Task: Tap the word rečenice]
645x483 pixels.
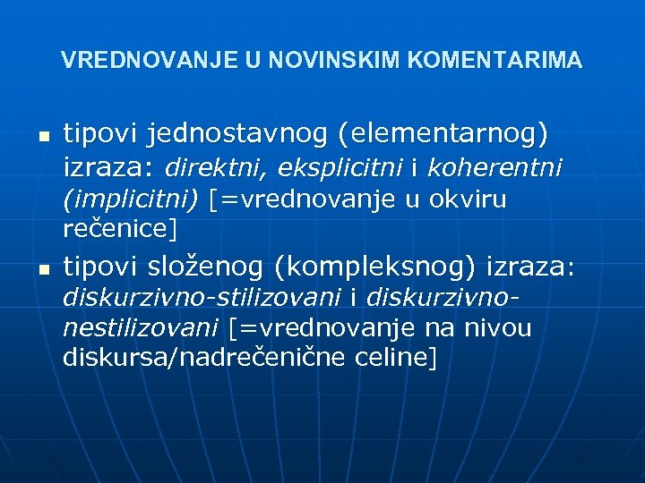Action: tap(120, 228)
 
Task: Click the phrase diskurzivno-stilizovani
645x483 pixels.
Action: tap(202, 297)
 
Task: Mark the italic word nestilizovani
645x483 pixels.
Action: tap(142, 328)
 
